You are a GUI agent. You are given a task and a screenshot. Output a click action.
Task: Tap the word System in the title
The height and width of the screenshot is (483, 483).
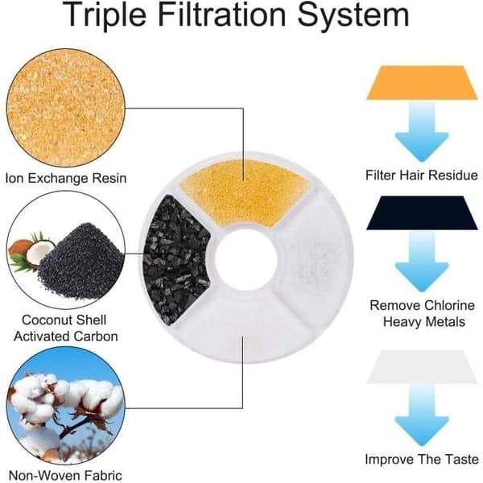(x=353, y=15)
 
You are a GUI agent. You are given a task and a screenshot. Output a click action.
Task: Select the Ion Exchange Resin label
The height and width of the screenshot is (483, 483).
(x=66, y=179)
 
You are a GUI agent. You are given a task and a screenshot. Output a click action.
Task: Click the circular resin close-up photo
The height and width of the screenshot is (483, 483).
(x=66, y=108)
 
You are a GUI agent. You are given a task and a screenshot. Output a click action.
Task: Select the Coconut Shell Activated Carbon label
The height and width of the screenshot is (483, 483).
(x=66, y=328)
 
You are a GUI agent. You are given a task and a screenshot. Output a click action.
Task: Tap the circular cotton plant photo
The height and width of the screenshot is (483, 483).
(x=66, y=406)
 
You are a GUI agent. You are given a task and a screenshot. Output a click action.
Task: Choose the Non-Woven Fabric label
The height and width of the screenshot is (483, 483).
(x=65, y=475)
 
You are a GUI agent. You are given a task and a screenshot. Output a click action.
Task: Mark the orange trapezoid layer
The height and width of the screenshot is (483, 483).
(x=422, y=83)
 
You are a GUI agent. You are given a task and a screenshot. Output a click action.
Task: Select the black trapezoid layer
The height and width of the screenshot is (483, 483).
(x=422, y=213)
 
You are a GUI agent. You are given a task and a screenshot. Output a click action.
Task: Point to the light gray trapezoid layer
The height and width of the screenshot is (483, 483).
(x=422, y=367)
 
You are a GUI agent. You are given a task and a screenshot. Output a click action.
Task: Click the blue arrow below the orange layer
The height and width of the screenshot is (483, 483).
(x=422, y=133)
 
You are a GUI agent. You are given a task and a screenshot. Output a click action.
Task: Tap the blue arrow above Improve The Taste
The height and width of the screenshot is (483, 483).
(x=422, y=416)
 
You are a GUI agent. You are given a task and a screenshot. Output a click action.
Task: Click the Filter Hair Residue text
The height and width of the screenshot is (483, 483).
(x=422, y=175)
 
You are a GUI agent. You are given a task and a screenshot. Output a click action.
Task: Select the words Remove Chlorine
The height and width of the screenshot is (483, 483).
(x=422, y=306)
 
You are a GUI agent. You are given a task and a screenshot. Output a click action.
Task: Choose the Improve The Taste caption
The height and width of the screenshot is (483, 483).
(x=422, y=460)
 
